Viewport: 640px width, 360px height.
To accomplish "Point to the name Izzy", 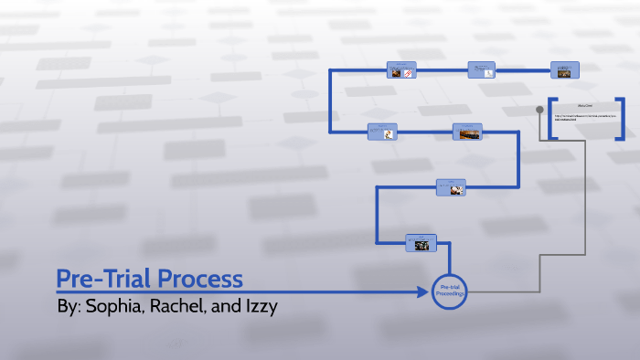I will point(258,306).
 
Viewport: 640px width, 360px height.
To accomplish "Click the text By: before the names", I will point(69,306).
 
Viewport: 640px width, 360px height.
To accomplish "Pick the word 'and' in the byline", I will point(223,306).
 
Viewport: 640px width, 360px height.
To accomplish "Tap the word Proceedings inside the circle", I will point(450,295).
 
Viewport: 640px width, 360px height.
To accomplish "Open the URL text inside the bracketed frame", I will point(585,120).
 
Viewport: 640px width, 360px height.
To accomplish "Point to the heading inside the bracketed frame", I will point(586,107).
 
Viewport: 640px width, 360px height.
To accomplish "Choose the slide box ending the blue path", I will point(564,69).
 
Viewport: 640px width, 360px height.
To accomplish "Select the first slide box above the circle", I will point(421,242).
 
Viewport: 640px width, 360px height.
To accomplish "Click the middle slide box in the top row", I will point(482,69).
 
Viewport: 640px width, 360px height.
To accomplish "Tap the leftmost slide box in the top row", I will point(401,69).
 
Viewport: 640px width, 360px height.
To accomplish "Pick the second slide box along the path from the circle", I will point(451,186).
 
